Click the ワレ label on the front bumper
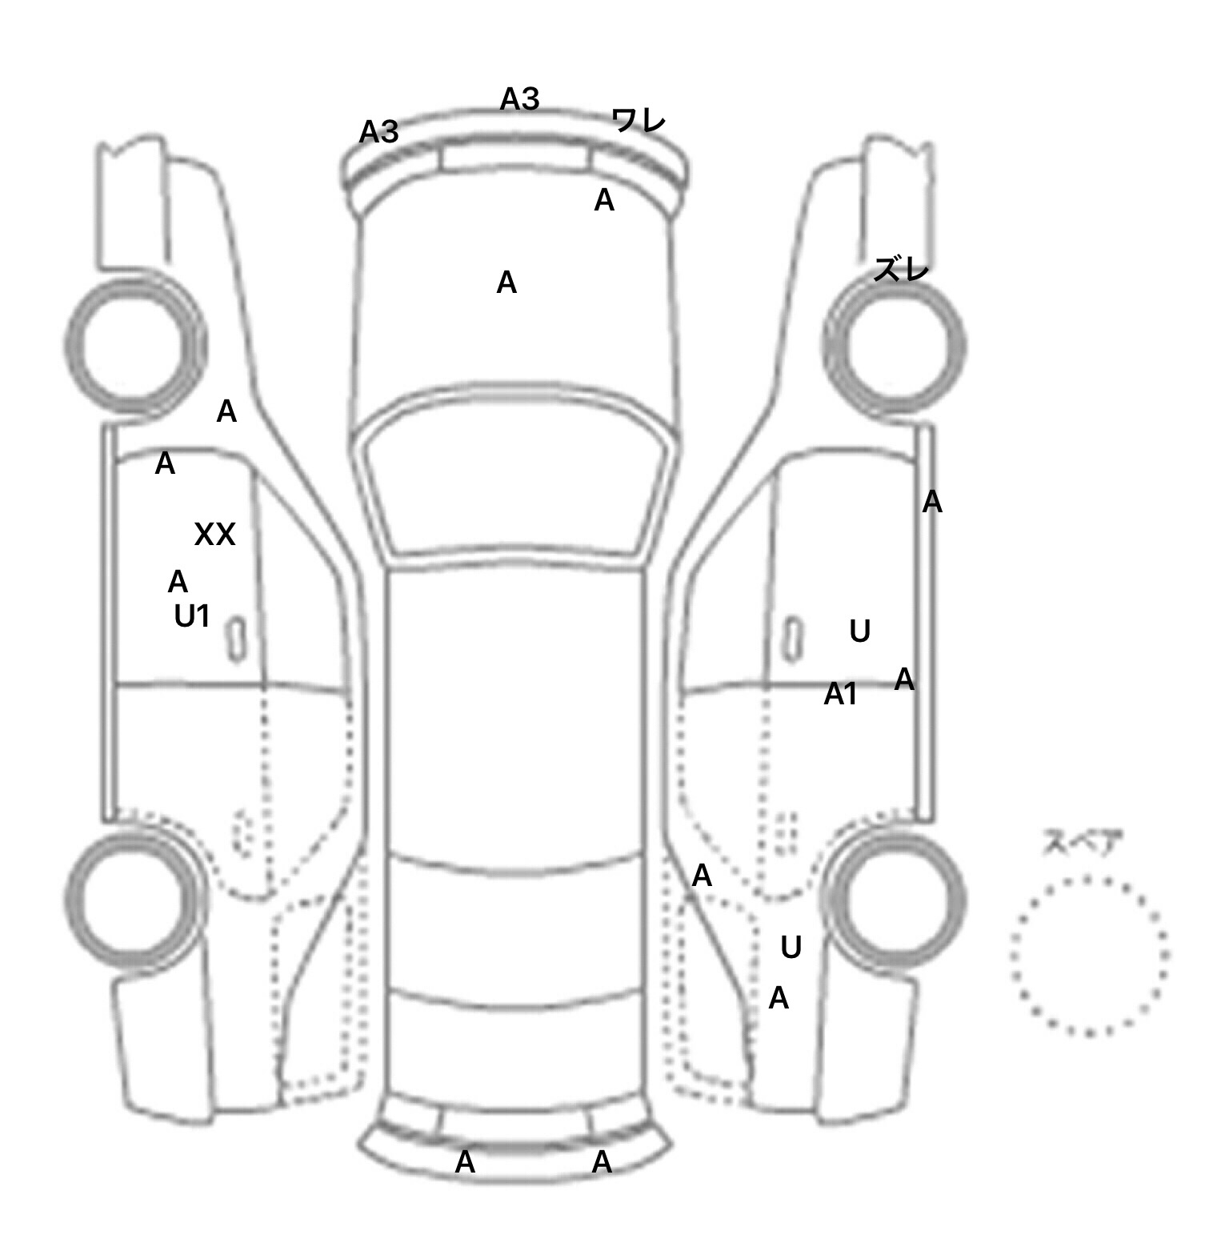tap(639, 121)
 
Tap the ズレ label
tap(901, 270)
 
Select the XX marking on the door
tap(215, 534)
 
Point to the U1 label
tap(192, 616)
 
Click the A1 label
tap(841, 694)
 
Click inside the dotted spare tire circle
tap(1089, 955)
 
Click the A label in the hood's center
tap(506, 283)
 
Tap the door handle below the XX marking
tap(237, 640)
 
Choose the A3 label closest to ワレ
tap(520, 99)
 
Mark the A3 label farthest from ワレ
tap(378, 132)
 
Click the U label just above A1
tap(860, 632)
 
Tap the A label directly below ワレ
tap(604, 200)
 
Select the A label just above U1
tap(178, 582)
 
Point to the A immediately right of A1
tap(904, 680)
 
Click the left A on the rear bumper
tap(465, 1162)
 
